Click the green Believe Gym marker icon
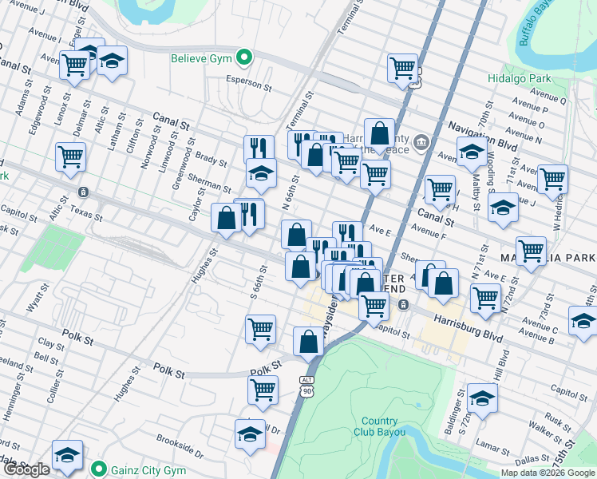246,57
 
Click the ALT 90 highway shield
308,386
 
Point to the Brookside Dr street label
180,441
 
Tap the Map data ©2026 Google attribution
548,473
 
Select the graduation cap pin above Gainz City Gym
67,455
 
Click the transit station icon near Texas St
83,192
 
